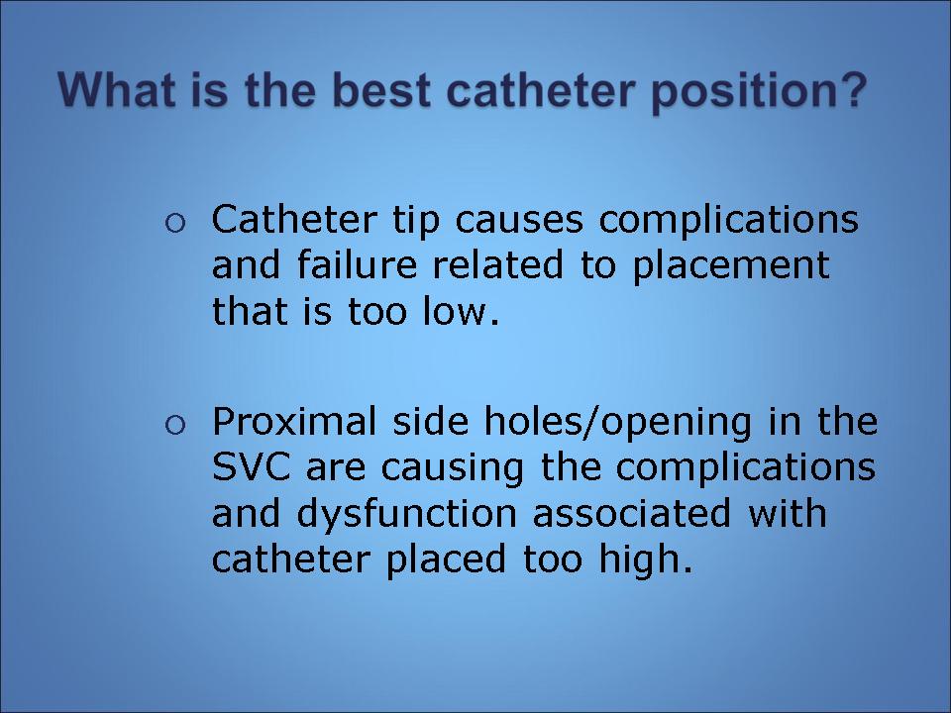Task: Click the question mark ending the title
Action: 848,90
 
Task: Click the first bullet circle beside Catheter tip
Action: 174,224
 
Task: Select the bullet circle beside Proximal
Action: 174,425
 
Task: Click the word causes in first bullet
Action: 518,222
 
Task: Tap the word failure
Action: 358,264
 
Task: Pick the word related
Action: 498,264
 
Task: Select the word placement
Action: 731,266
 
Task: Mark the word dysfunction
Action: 407,515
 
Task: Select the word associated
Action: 631,513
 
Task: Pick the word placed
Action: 447,560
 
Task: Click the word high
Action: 646,560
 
